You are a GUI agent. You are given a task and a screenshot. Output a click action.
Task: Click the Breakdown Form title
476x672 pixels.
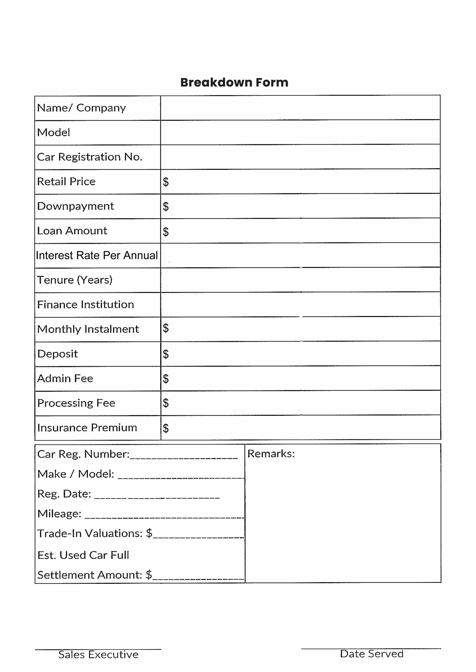click(x=234, y=83)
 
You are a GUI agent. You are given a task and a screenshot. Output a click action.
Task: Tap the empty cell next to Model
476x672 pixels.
click(x=300, y=132)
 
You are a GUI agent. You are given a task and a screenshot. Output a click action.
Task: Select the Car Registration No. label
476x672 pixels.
click(x=89, y=157)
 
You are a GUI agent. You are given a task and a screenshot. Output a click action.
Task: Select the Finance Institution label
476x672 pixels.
click(x=85, y=305)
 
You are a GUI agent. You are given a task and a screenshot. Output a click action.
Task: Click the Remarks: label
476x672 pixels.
click(x=271, y=454)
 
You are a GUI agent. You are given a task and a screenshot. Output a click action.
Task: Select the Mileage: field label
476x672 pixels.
click(x=59, y=514)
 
